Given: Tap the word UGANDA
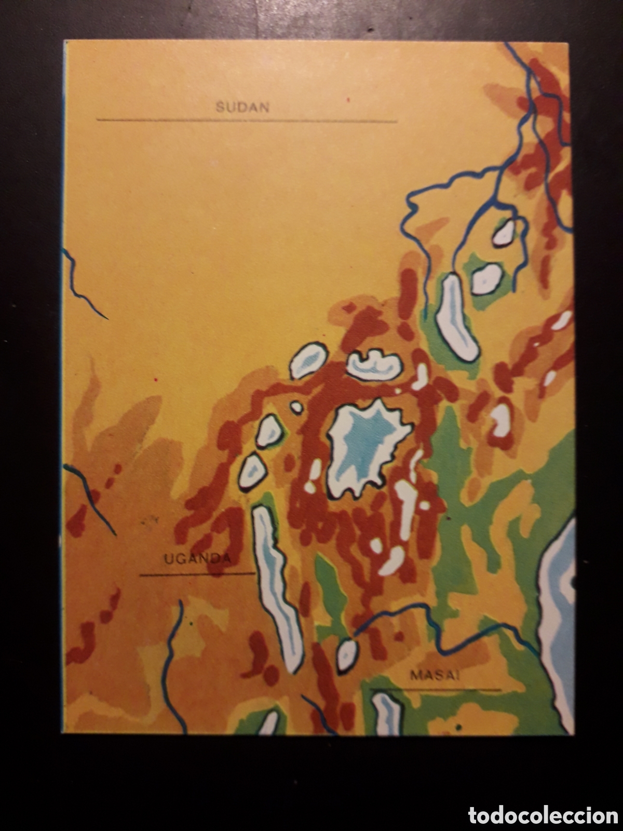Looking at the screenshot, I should click(x=197, y=559).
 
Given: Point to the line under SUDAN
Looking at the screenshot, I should click(x=247, y=120).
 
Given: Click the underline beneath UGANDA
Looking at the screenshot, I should click(x=197, y=574).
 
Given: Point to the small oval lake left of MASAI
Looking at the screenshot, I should click(x=347, y=655).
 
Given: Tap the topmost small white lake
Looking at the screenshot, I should click(x=503, y=233).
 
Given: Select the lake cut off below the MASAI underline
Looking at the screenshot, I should click(x=387, y=714).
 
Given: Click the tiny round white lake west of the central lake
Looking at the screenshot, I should click(x=296, y=408).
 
